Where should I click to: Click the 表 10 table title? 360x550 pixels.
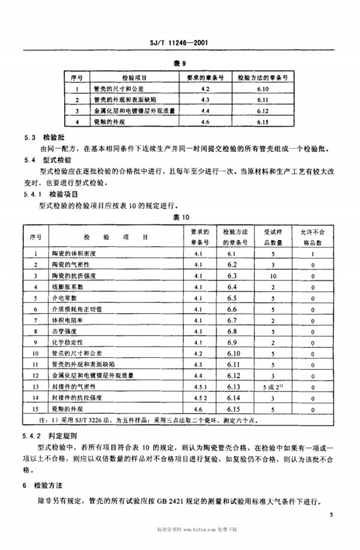(181, 217)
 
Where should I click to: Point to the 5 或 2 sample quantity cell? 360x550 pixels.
(273, 387)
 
